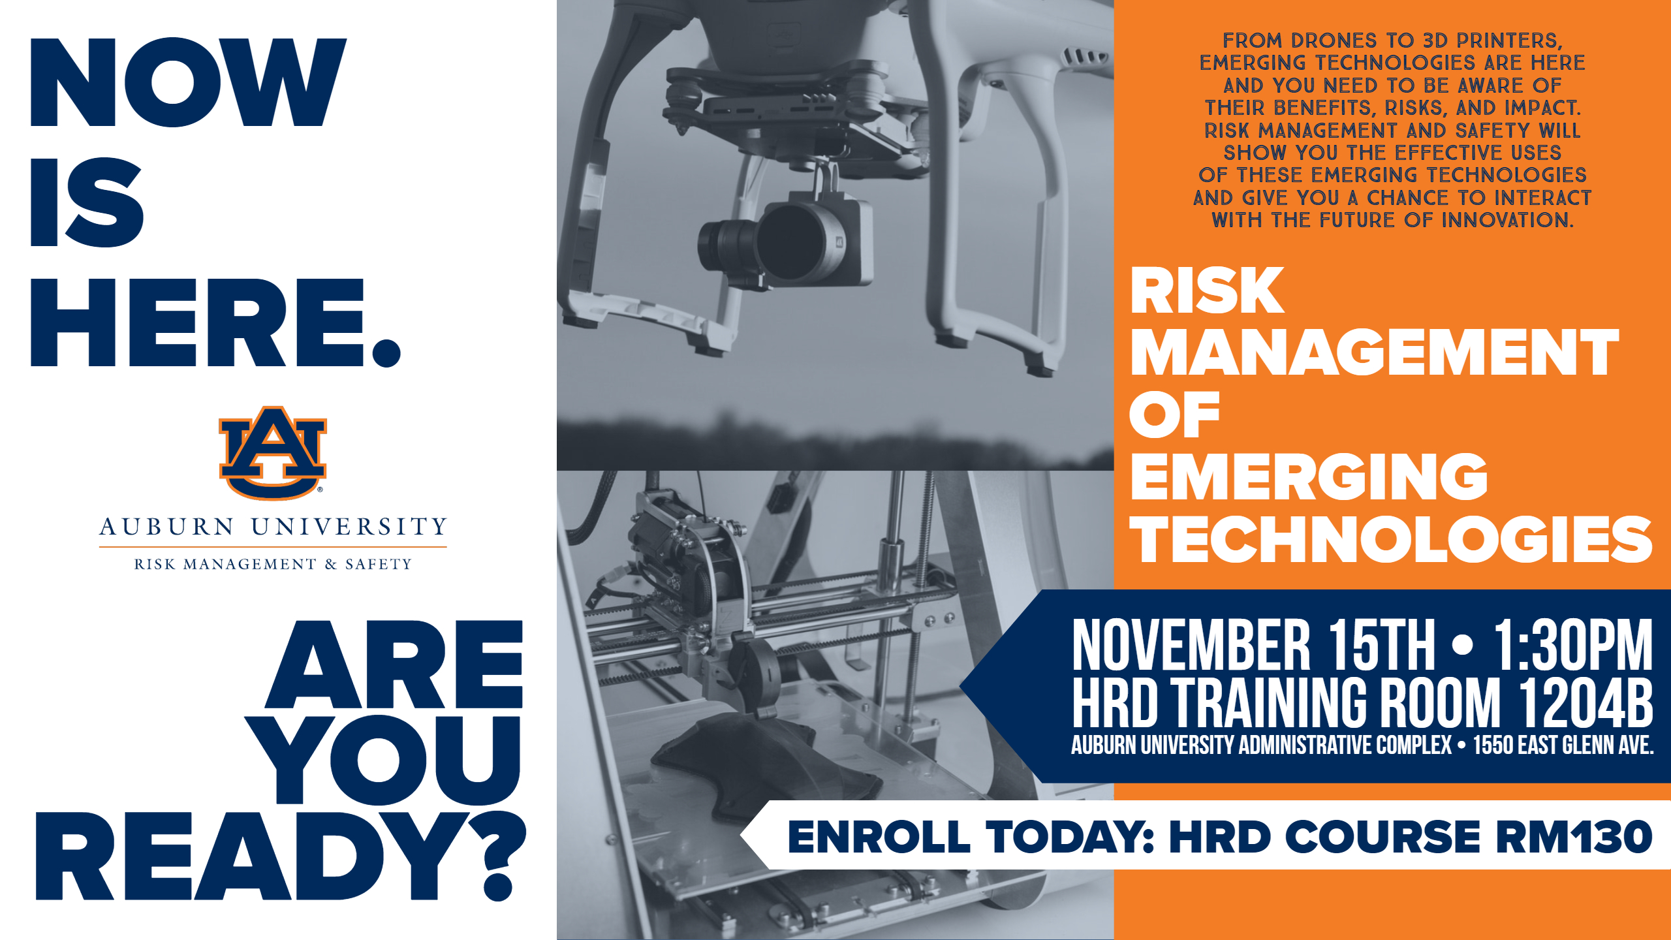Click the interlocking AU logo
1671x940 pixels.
click(273, 453)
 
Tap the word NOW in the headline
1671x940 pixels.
click(188, 82)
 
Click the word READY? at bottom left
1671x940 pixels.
click(281, 856)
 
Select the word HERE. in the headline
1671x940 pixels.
click(215, 322)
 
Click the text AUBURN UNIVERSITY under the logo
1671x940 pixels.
click(273, 527)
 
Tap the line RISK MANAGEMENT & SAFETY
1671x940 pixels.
click(273, 564)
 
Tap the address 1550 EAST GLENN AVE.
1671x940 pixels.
click(1563, 745)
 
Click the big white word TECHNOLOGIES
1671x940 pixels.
click(1391, 539)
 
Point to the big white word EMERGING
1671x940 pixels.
click(1309, 477)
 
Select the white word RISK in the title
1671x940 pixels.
click(1207, 290)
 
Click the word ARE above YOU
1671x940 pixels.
click(394, 665)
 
